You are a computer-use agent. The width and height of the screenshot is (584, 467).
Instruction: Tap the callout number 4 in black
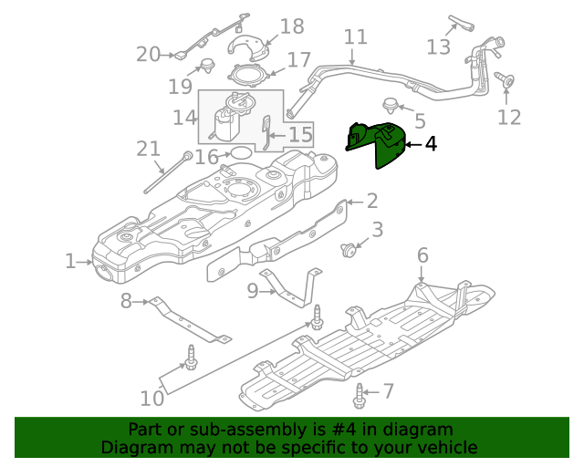coord(430,143)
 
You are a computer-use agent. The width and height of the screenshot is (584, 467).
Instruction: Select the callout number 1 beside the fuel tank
coord(71,262)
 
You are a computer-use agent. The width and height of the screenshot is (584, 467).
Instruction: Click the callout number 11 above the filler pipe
coord(355,37)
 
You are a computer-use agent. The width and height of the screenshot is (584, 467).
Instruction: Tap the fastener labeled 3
coord(347,249)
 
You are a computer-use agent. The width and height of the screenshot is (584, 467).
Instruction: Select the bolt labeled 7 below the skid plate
coord(358,395)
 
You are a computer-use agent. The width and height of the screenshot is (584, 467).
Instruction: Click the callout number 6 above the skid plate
coord(422,254)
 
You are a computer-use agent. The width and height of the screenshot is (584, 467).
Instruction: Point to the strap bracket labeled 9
coord(296,287)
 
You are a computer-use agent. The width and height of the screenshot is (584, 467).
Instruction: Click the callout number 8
coord(127,301)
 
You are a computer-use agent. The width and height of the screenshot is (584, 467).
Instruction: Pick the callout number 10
coord(151,398)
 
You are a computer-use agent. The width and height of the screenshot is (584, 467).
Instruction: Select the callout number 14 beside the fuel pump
coord(185,117)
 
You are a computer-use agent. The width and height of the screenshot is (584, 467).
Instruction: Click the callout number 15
coord(299,136)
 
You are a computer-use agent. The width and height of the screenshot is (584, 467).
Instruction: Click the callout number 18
coord(291,26)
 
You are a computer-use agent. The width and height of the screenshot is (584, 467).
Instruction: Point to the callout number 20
coord(148,55)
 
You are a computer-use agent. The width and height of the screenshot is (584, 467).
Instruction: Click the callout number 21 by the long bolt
coord(148,149)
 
